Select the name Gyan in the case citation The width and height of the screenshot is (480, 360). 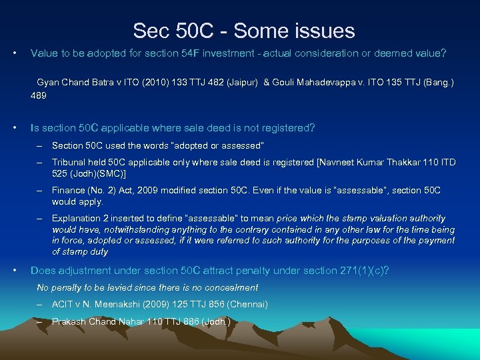point(49,82)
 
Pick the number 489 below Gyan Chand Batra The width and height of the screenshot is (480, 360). point(39,95)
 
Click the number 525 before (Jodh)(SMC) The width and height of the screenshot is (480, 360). point(60,173)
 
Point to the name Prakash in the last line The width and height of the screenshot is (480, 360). point(69,322)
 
